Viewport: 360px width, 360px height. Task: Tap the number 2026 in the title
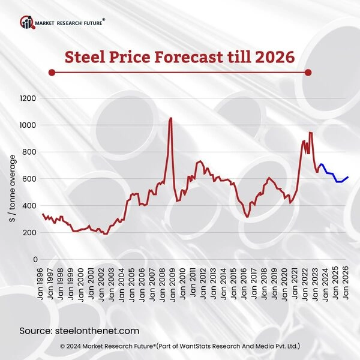pyautogui.click(x=275, y=57)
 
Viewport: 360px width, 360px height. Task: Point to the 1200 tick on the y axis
pyautogui.click(x=28, y=98)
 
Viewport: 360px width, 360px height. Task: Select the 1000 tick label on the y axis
pyautogui.click(x=28, y=125)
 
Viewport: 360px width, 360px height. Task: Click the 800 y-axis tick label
pyautogui.click(x=29, y=152)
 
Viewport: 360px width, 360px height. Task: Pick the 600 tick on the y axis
pyautogui.click(x=29, y=179)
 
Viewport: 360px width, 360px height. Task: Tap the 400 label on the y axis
pyautogui.click(x=29, y=206)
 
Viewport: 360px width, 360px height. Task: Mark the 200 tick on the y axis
pyautogui.click(x=29, y=233)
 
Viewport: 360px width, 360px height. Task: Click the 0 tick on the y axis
pyautogui.click(x=35, y=259)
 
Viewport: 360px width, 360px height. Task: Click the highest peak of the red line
pyautogui.click(x=171, y=118)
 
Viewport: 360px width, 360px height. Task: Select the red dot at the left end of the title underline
pyautogui.click(x=52, y=73)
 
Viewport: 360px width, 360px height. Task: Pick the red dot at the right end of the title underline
pyautogui.click(x=308, y=73)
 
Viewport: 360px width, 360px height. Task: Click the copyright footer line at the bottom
pyautogui.click(x=180, y=347)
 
